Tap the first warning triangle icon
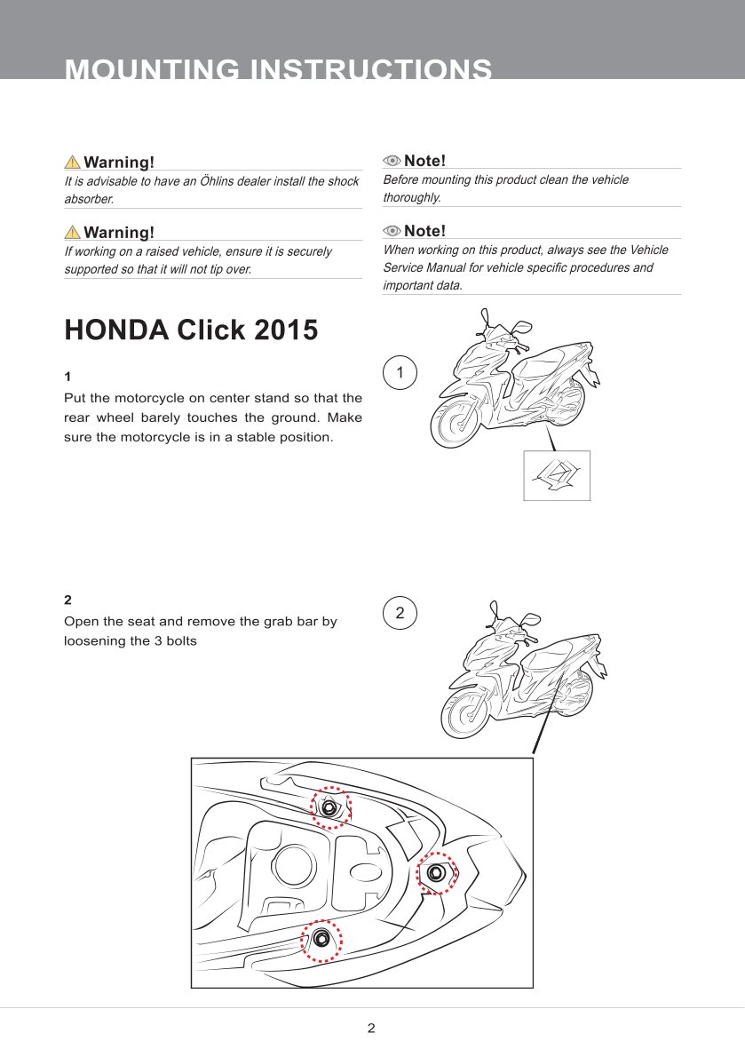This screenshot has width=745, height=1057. tap(73, 162)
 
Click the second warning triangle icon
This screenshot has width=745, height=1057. tap(73, 232)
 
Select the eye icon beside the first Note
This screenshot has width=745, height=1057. tap(392, 161)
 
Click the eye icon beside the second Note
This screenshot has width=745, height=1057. tap(392, 231)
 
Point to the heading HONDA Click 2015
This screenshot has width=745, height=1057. tap(191, 330)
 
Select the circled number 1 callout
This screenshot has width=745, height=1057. tap(400, 372)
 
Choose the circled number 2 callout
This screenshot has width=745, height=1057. tap(400, 613)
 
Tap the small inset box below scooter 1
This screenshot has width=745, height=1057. tap(557, 476)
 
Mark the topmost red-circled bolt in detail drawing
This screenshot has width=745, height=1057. tap(330, 807)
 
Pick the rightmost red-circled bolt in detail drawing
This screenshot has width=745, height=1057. tap(436, 873)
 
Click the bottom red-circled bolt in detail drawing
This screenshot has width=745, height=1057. tap(321, 941)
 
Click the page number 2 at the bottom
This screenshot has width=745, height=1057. tap(371, 1029)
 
